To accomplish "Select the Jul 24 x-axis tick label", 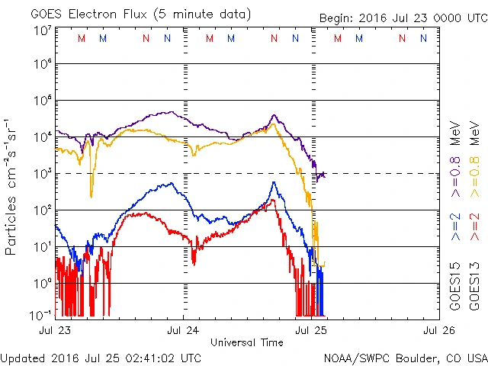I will pos(183,330).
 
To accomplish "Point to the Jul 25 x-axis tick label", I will pos(310,330).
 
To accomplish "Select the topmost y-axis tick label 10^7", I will pos(42,29).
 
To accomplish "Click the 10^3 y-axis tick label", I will pos(42,173).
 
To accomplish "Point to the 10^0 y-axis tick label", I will pos(42,283).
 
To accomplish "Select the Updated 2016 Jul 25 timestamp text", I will pos(101,357).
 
